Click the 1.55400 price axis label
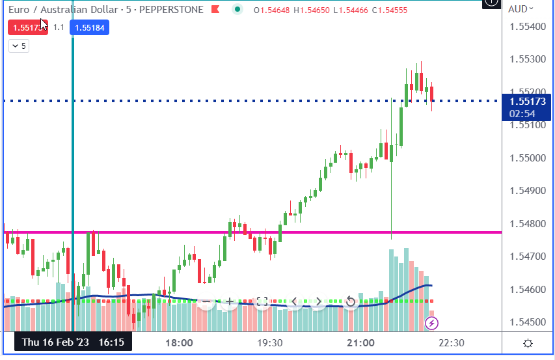point(528,27)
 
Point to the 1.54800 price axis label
point(528,223)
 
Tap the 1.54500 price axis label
point(528,322)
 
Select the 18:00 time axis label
point(179,342)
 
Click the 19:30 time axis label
point(269,342)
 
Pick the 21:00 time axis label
point(360,342)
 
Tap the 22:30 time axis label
point(450,342)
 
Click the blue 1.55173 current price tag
point(528,102)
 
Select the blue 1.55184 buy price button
point(90,27)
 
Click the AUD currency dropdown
point(521,9)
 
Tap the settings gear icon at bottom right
point(528,343)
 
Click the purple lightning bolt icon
point(431,323)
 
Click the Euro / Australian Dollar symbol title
point(59,10)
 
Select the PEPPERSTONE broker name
point(170,10)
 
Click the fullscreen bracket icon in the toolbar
point(262,301)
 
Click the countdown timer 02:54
point(523,113)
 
